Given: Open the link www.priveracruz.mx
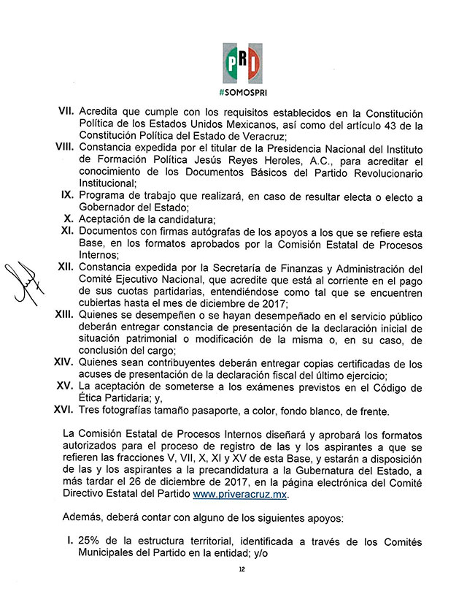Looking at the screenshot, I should [x=240, y=495].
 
